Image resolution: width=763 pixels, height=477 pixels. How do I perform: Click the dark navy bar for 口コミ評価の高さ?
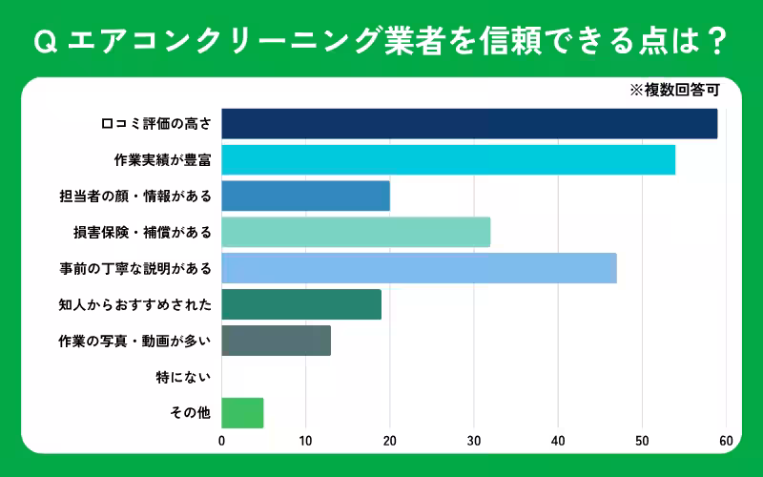pyautogui.click(x=469, y=124)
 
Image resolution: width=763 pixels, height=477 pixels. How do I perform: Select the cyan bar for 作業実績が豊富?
pyautogui.click(x=448, y=160)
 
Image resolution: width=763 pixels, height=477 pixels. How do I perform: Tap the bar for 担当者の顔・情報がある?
pyautogui.click(x=305, y=196)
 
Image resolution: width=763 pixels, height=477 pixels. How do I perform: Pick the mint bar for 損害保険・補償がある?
pyautogui.click(x=356, y=232)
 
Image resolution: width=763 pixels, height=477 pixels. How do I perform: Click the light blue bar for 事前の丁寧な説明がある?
pyautogui.click(x=419, y=268)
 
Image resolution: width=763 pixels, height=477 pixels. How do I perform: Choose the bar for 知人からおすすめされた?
pyautogui.click(x=301, y=304)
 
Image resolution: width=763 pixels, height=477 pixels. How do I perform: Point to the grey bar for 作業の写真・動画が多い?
pyautogui.click(x=276, y=341)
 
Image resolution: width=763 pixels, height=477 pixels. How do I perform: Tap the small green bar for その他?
pyautogui.click(x=242, y=413)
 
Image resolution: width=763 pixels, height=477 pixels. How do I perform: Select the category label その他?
pyautogui.click(x=190, y=413)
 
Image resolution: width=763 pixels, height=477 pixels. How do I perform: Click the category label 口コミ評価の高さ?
pyautogui.click(x=155, y=124)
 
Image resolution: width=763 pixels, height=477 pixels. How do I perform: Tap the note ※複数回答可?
pyautogui.click(x=673, y=91)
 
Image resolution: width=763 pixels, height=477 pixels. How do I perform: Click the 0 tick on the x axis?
pyautogui.click(x=221, y=441)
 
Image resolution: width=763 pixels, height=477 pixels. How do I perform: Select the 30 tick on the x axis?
pyautogui.click(x=474, y=441)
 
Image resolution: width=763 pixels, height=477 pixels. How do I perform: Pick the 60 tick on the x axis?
pyautogui.click(x=726, y=441)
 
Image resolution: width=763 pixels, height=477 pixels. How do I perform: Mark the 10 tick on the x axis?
pyautogui.click(x=305, y=441)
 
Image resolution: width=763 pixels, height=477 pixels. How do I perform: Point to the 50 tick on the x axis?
pyautogui.click(x=642, y=441)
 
